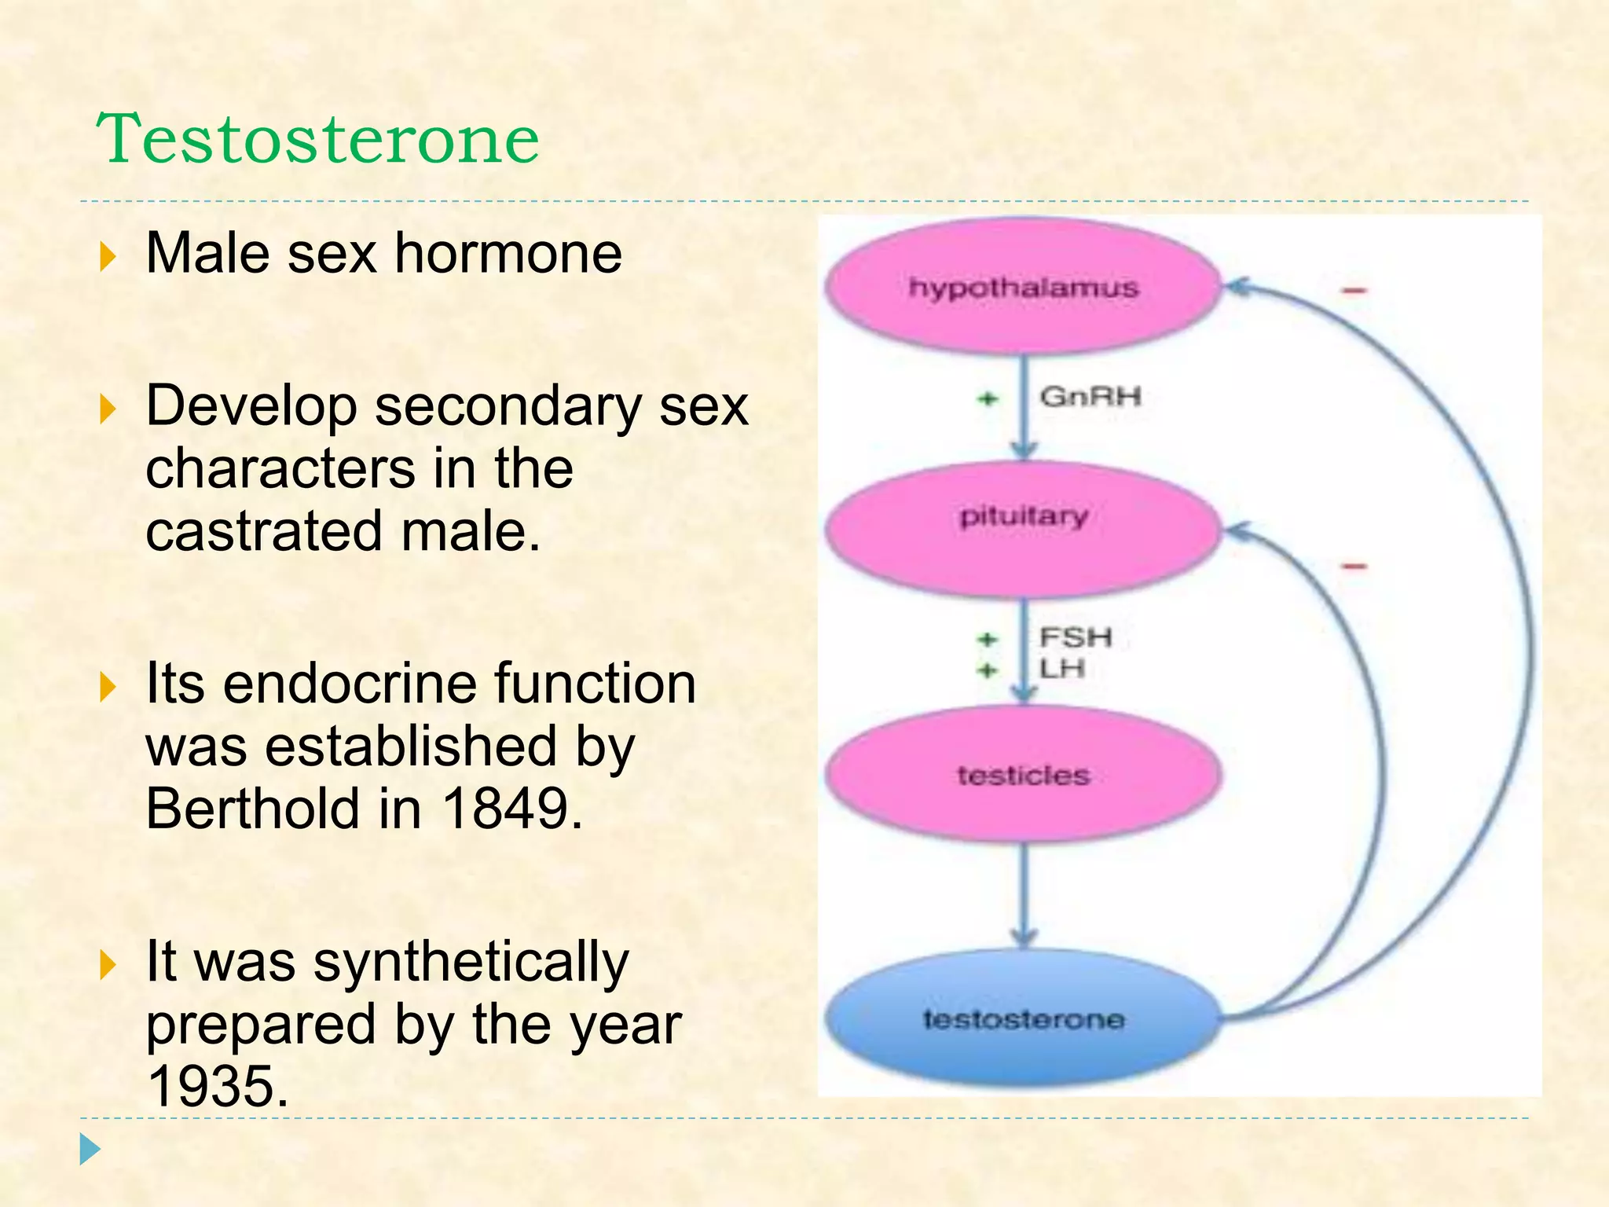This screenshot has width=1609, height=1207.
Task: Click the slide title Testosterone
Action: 317,139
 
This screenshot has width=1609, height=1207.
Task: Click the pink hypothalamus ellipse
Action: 1023,287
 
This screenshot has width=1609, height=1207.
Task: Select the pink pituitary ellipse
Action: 1023,528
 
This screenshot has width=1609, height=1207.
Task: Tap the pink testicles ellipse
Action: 1023,774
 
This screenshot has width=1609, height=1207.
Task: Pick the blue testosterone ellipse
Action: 1023,1018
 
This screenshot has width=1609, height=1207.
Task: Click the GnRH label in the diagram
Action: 1090,397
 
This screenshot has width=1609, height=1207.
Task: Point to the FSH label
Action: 1076,637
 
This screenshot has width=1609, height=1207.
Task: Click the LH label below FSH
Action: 1062,669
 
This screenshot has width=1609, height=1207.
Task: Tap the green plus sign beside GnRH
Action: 988,399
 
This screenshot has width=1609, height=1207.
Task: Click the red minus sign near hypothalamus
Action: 1354,291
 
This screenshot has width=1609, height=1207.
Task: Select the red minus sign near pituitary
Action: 1354,566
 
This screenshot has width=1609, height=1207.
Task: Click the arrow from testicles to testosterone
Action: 1023,896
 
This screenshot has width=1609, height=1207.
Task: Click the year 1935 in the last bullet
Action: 218,1087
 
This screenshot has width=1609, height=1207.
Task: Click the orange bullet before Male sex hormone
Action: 108,256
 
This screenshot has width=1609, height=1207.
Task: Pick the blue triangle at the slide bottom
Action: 90,1150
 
